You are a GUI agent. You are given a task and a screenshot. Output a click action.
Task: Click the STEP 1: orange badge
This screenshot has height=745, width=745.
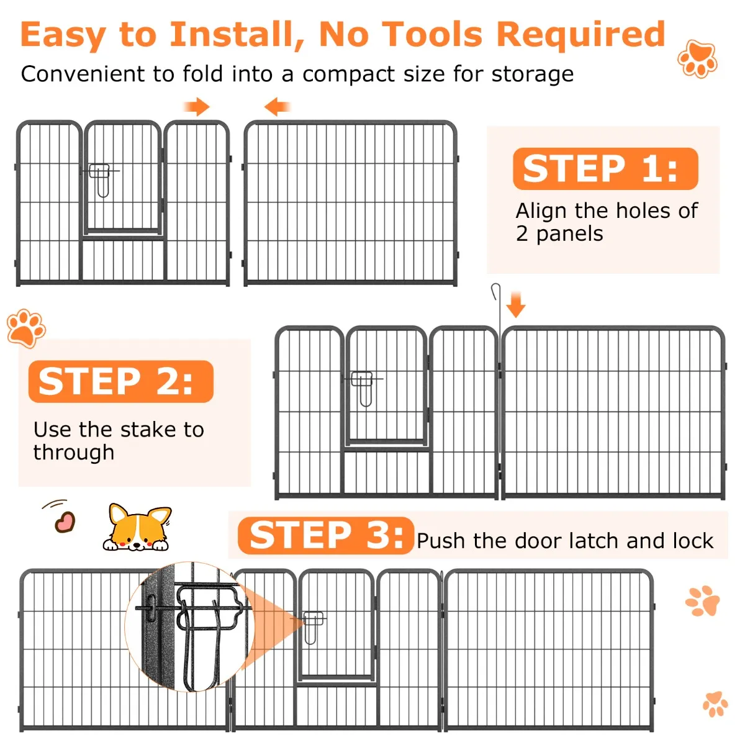tap(605, 169)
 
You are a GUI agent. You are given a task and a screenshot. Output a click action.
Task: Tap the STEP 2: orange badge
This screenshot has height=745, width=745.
tap(121, 381)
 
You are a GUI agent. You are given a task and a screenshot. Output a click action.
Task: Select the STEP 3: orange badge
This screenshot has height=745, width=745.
tap(326, 535)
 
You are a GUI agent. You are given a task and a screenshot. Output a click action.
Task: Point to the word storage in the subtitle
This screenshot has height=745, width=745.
tap(532, 74)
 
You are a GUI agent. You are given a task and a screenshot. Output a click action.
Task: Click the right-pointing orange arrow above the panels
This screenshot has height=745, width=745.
tap(196, 106)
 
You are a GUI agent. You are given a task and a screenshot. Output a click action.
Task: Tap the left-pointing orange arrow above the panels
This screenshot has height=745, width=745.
tap(277, 106)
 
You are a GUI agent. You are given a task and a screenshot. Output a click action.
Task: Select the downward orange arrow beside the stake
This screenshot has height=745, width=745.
tap(516, 305)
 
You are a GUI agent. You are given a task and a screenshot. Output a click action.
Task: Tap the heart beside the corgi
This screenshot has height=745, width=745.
tap(65, 522)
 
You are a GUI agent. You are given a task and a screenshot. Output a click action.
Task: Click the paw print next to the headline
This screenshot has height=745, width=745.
tap(697, 59)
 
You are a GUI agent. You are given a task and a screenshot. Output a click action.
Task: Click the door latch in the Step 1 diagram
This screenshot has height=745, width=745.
tap(101, 179)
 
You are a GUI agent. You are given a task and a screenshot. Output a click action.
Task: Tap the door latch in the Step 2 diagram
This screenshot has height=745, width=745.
tap(363, 388)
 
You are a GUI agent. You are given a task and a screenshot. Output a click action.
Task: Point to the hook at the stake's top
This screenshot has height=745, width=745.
tap(495, 292)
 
